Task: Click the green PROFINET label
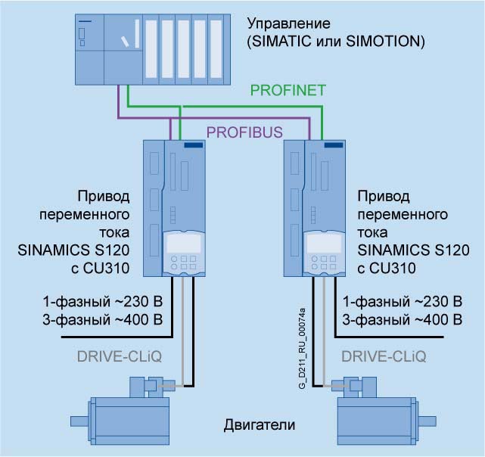coord(288,91)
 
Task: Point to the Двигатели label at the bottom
coord(259,424)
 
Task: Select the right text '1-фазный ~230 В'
coord(403,300)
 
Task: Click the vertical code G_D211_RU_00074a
coord(301,348)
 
